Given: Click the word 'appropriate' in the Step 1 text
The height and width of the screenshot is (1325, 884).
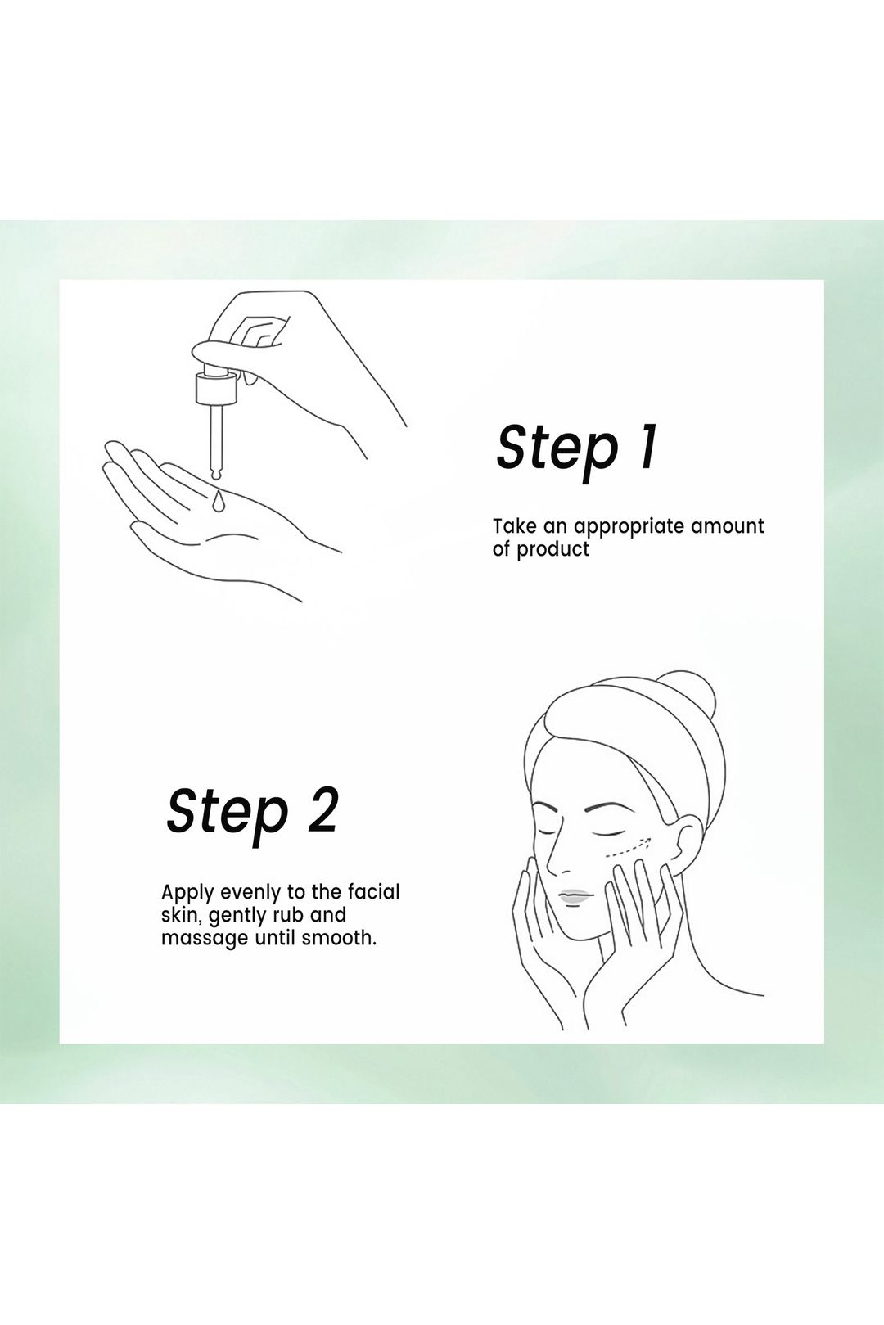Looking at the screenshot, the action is tap(628, 526).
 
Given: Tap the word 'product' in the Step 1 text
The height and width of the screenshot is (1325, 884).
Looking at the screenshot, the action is tap(553, 549).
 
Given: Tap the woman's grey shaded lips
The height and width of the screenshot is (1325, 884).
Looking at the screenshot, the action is tap(575, 896).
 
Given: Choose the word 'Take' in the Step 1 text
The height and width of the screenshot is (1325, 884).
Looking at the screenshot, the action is tap(514, 525).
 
